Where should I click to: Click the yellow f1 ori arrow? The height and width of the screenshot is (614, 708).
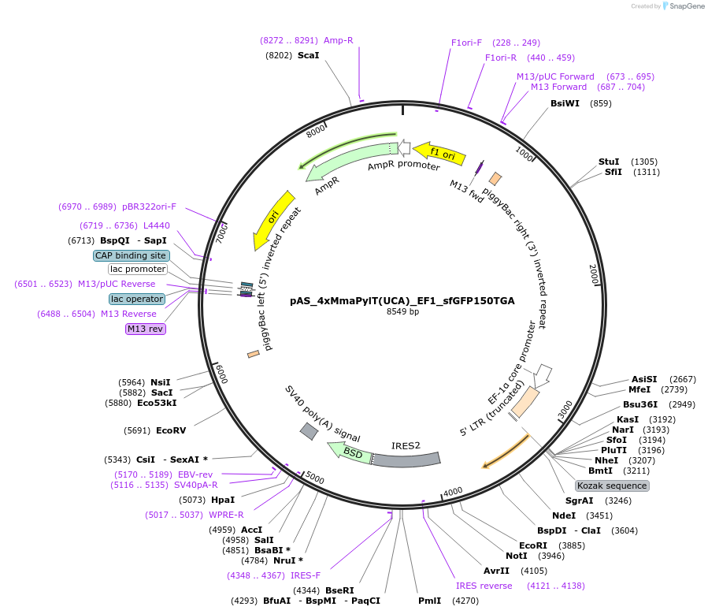tap(435, 153)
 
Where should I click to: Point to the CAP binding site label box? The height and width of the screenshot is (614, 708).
tap(131, 255)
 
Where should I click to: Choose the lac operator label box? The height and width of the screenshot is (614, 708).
tap(137, 299)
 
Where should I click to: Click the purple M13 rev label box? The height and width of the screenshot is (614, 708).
tap(146, 329)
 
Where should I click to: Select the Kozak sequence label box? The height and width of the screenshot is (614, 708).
tap(612, 486)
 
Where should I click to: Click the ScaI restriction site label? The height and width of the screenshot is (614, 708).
tap(308, 55)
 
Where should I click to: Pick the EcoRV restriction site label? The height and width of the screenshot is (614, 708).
tap(171, 430)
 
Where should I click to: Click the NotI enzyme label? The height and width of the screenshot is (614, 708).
tap(517, 556)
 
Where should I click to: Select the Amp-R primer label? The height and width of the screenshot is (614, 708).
tap(339, 40)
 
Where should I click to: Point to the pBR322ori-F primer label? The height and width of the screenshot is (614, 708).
tap(149, 207)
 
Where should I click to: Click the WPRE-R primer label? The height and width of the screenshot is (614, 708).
tap(228, 515)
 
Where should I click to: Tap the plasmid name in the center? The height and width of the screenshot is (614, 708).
tap(402, 300)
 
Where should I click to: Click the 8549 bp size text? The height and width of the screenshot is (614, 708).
tap(402, 312)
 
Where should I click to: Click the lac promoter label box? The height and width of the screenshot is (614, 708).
tap(138, 270)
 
